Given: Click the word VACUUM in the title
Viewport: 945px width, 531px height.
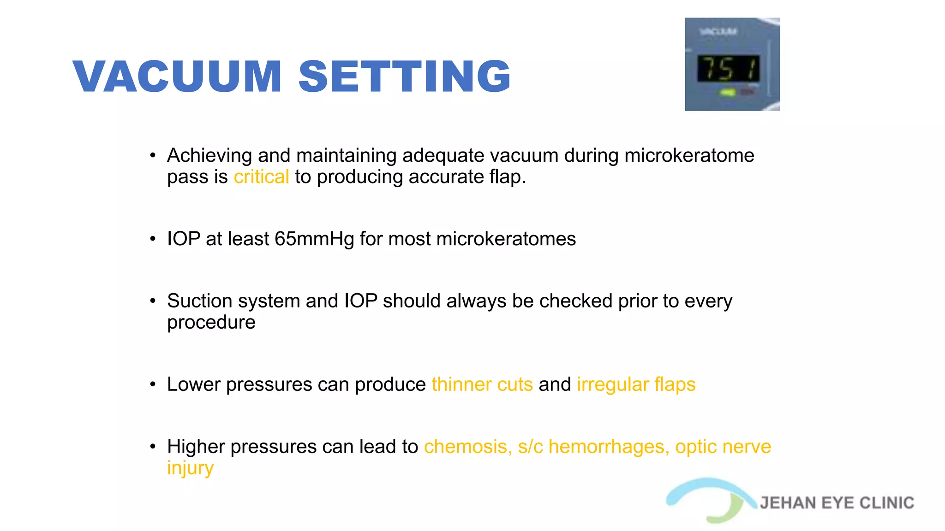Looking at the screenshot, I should [x=177, y=77].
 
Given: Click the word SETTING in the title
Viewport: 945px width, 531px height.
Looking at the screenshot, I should [x=404, y=77].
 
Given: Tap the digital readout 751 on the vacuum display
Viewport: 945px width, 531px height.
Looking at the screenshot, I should [x=728, y=69].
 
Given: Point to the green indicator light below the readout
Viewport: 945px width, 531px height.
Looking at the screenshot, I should [x=728, y=93].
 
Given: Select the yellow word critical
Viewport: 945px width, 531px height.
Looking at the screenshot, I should [x=261, y=177].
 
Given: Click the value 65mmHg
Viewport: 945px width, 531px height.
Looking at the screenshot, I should [x=314, y=239].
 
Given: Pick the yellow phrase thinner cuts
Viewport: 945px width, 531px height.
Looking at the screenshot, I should [x=482, y=384].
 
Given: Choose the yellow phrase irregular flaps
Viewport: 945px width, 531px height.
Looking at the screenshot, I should [x=636, y=384].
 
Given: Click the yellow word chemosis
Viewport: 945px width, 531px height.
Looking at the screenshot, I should [x=467, y=447].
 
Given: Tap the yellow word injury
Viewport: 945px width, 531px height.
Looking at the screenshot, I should [x=190, y=468].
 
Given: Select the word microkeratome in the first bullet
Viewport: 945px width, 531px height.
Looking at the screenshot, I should [x=689, y=156].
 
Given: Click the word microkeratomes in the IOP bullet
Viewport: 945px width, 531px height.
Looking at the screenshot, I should [x=506, y=239].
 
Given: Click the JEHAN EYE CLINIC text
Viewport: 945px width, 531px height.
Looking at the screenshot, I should [x=837, y=503].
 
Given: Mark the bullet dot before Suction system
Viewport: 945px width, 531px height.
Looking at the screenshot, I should [x=153, y=301].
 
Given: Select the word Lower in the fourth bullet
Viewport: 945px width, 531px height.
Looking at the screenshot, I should [x=193, y=384].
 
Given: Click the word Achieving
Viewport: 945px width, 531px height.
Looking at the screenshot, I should [x=209, y=156].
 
